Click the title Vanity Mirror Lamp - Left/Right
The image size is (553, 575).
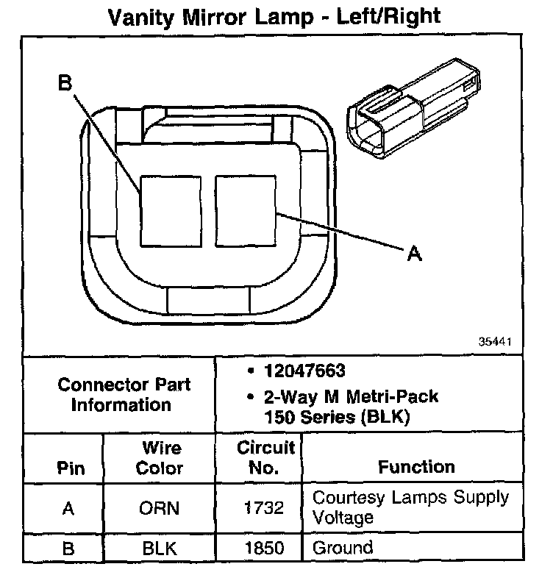pyautogui.click(x=275, y=16)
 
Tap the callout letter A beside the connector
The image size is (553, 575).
pyautogui.click(x=415, y=254)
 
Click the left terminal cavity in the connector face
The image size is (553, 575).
pyautogui.click(x=170, y=209)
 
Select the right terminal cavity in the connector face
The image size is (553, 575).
pyautogui.click(x=245, y=209)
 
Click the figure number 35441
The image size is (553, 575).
pyautogui.click(x=495, y=342)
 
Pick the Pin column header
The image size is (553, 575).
pyautogui.click(x=71, y=468)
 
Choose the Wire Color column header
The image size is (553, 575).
pyautogui.click(x=162, y=457)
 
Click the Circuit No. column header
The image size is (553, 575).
pyautogui.click(x=266, y=457)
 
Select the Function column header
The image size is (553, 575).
pyautogui.click(x=417, y=466)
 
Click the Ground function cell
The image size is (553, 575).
pyautogui.click(x=343, y=548)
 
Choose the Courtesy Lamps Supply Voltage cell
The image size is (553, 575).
pyautogui.click(x=410, y=507)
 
